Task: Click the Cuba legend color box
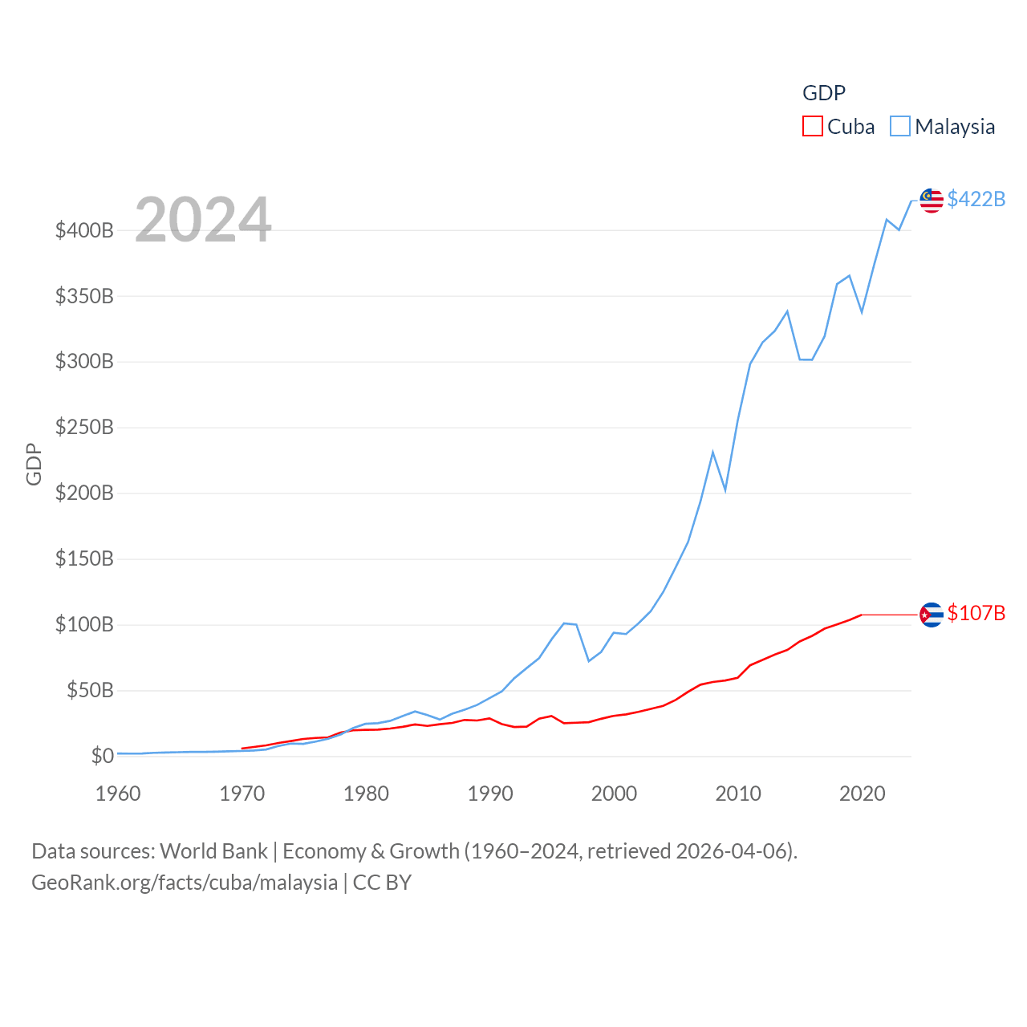coord(813,127)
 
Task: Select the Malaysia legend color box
coord(900,127)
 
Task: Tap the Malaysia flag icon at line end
coord(932,201)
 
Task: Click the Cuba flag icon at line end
coord(932,615)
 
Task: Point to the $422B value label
coord(976,199)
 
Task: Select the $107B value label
coord(976,613)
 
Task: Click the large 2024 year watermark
coord(203,220)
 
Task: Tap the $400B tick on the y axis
coord(84,231)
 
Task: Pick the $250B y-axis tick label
coord(84,428)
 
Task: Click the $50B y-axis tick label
coord(90,690)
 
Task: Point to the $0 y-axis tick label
coord(102,756)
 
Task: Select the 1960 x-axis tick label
coord(118,794)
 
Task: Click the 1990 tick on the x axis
coord(490,794)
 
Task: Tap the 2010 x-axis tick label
coord(738,794)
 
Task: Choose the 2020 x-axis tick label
coord(862,794)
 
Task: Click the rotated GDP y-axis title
coord(34,464)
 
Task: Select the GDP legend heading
coord(824,93)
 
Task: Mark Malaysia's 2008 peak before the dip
coord(712,453)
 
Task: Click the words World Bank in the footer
coord(213,851)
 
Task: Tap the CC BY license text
coord(382,883)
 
